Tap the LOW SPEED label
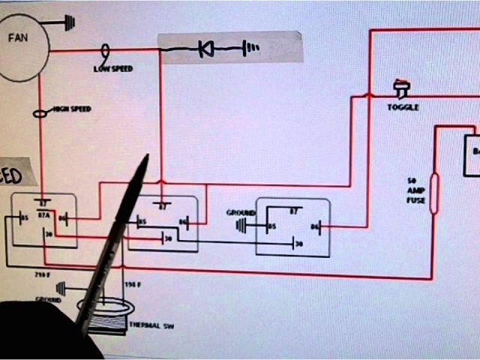pos(112,68)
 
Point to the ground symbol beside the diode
pos(252,49)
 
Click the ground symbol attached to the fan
pos(69,22)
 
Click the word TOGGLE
pos(403,107)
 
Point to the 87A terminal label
pos(43,214)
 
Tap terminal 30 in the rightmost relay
pos(298,244)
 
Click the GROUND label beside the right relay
pos(241,213)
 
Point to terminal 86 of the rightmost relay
pos(315,225)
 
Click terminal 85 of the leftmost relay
pos(25,220)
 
